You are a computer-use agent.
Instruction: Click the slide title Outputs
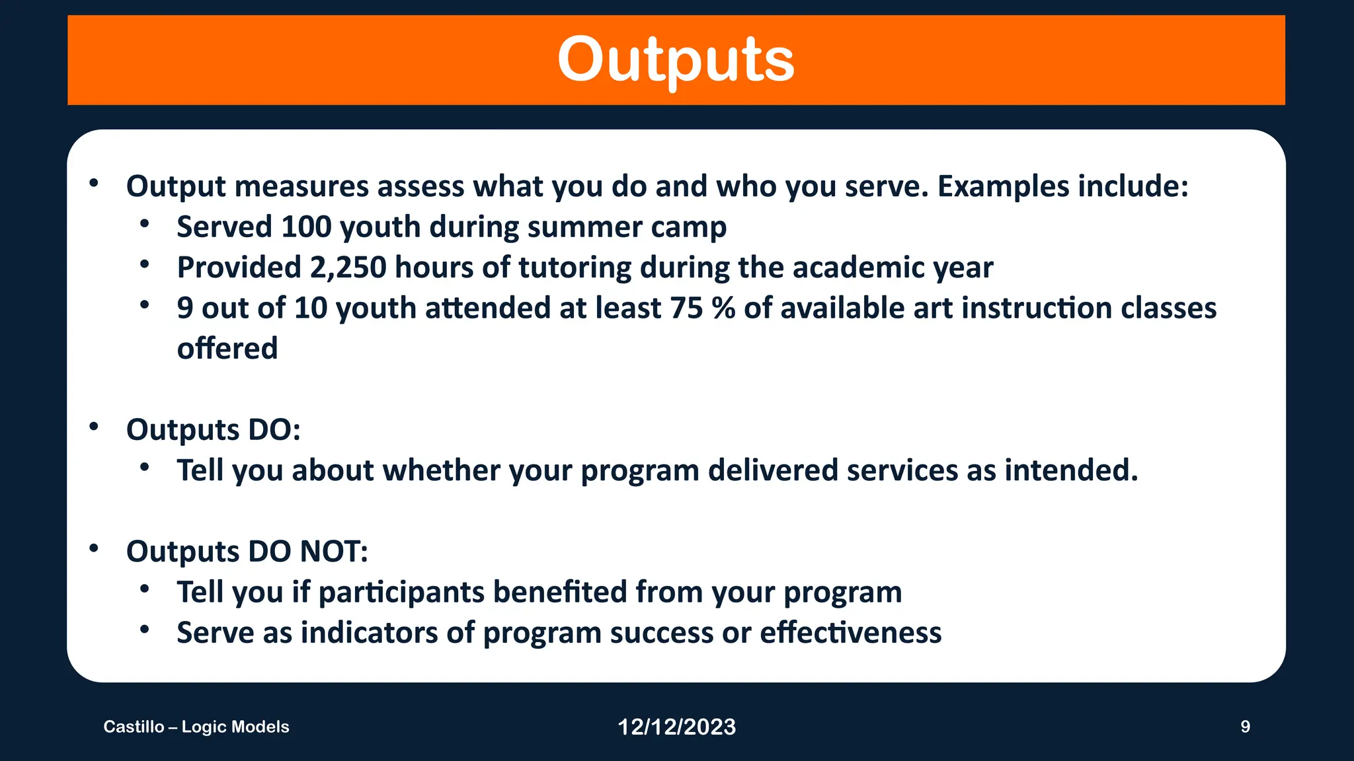click(676, 59)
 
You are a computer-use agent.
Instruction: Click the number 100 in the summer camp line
click(306, 227)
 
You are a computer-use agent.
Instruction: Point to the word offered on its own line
click(227, 349)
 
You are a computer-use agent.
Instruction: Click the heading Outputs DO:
click(214, 430)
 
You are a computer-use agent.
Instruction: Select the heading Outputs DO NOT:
click(247, 552)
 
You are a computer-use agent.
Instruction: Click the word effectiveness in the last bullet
click(850, 633)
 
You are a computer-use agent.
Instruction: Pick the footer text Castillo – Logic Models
click(196, 727)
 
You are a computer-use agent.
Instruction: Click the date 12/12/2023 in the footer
click(676, 727)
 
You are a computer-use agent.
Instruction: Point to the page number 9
click(1245, 727)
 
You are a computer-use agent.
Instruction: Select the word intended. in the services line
click(1071, 470)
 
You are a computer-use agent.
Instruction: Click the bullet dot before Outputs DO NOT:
click(94, 548)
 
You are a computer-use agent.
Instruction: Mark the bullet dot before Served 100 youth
click(145, 223)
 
